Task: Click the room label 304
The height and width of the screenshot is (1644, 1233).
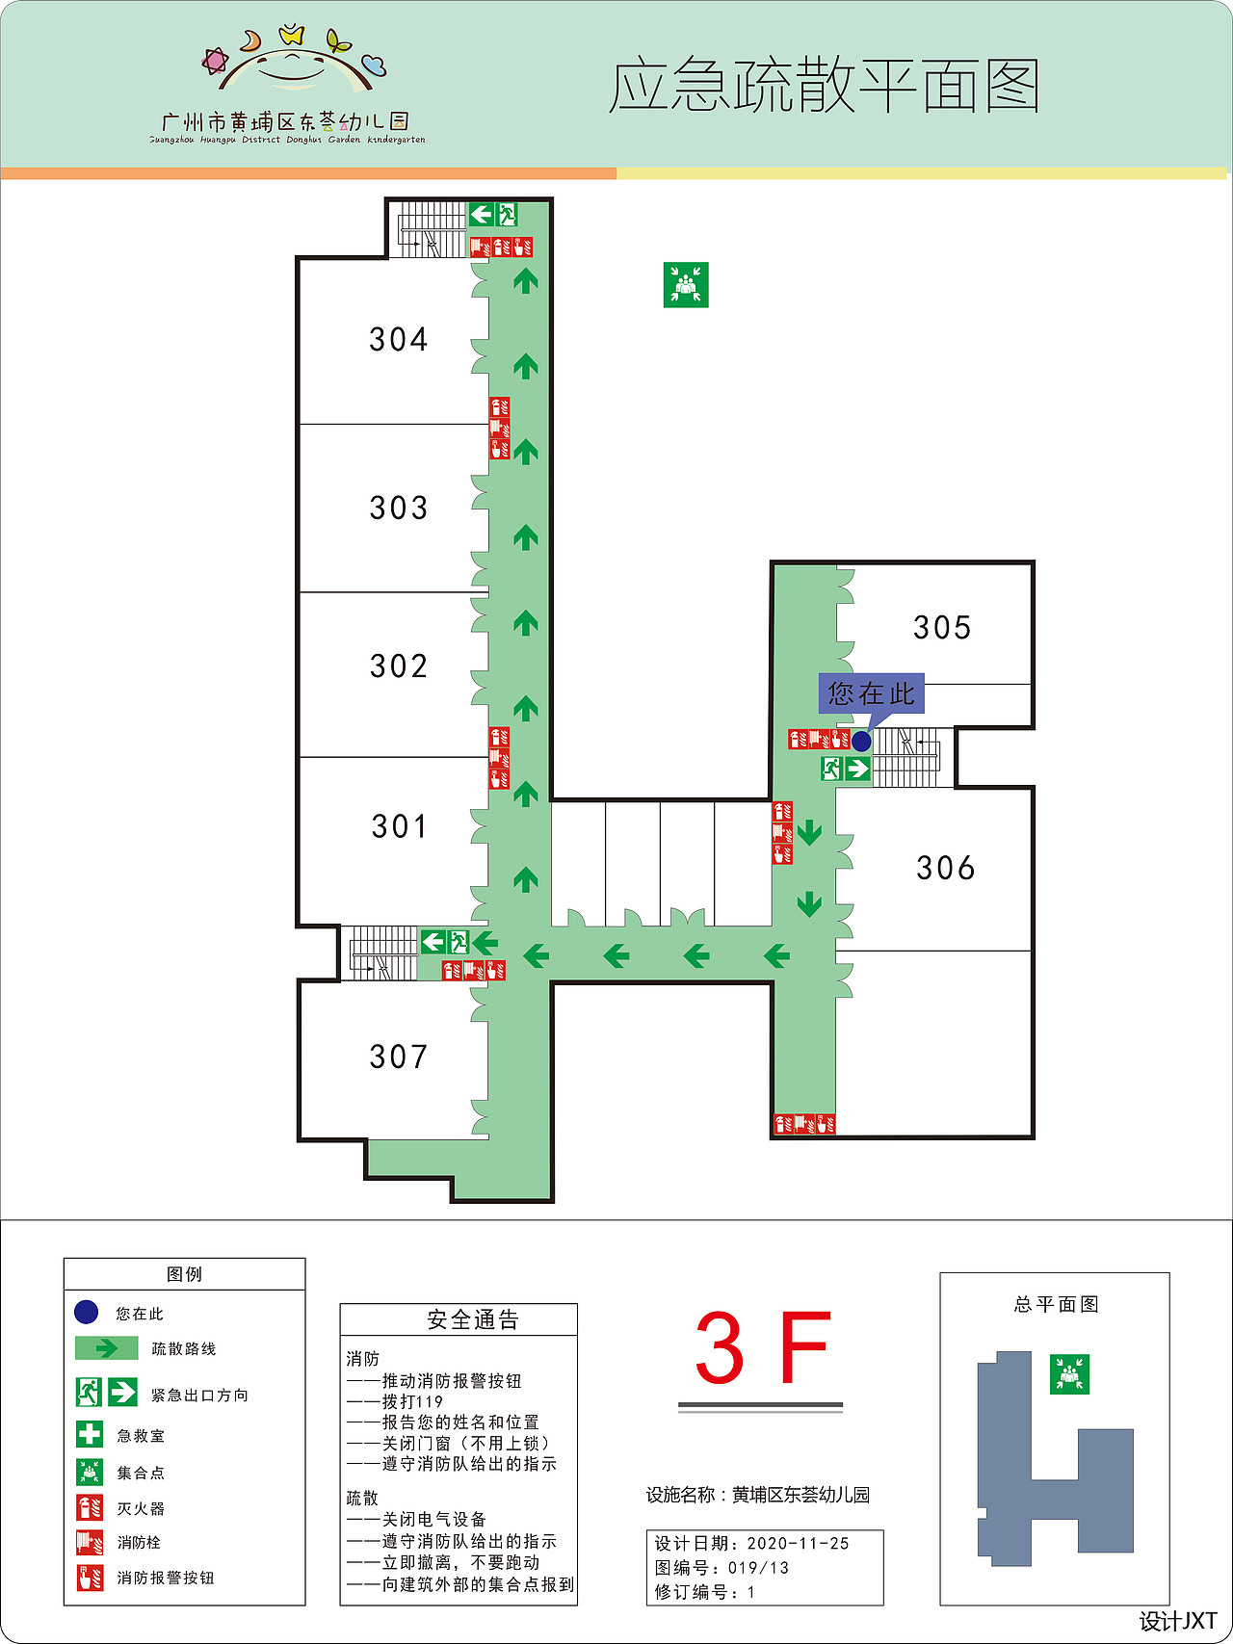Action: tap(398, 339)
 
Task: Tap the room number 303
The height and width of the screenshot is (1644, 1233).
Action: tap(398, 508)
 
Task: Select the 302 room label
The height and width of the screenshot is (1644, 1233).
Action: tap(398, 665)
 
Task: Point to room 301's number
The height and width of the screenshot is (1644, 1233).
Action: tap(399, 826)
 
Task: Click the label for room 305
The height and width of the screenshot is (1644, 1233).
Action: tap(942, 628)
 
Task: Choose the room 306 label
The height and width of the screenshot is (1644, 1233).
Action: tap(945, 868)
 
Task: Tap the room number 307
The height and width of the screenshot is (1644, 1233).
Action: tap(398, 1057)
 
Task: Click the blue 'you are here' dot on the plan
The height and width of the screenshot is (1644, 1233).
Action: tap(861, 741)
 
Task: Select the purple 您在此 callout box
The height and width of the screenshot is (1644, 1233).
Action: tap(871, 693)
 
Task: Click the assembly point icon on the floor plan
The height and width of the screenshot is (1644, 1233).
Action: tap(686, 285)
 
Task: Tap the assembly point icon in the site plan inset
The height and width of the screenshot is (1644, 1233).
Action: tap(1069, 1374)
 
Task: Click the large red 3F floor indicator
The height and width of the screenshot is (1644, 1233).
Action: tap(761, 1348)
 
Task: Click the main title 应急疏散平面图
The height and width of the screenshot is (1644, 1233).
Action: tap(824, 87)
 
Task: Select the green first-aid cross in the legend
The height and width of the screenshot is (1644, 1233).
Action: tap(90, 1434)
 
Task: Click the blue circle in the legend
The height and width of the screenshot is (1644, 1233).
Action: tap(87, 1312)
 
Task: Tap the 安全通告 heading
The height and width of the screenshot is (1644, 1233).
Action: tap(472, 1319)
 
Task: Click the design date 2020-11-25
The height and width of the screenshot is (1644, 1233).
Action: tap(798, 1544)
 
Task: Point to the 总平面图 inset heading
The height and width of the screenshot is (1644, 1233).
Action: tap(1056, 1304)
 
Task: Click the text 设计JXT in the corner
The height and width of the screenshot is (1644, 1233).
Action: tap(1178, 1621)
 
